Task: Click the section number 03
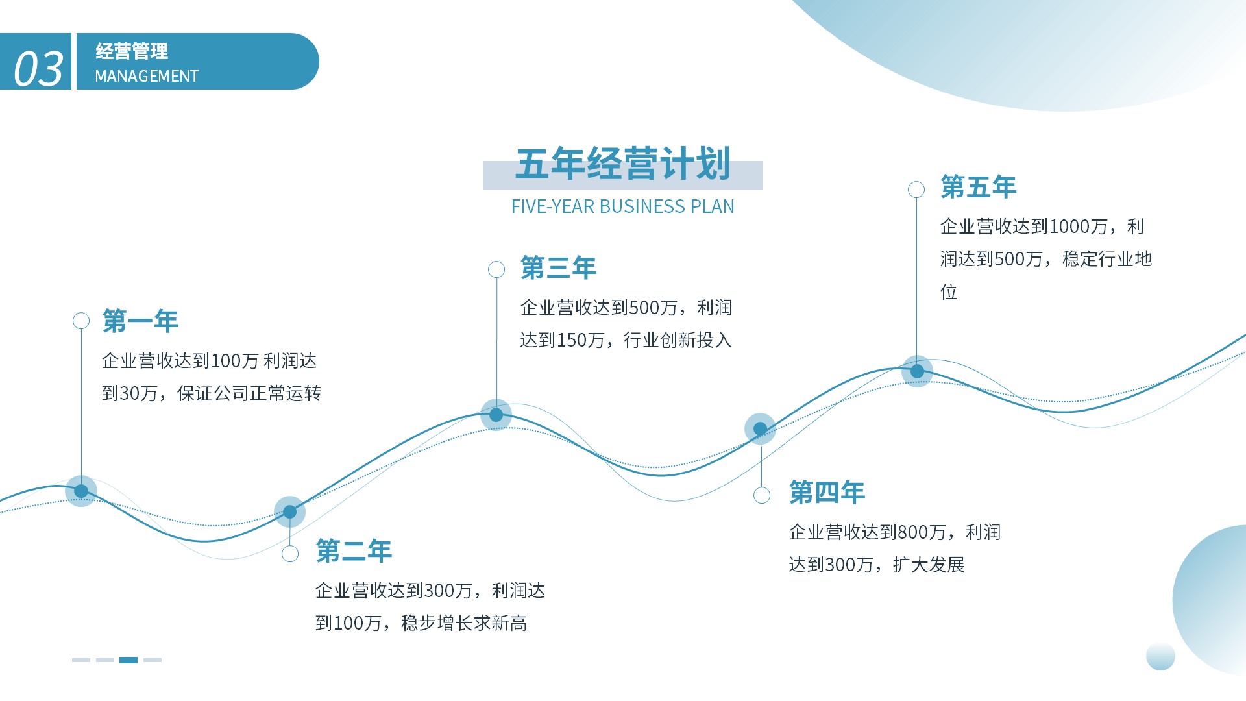coord(38,69)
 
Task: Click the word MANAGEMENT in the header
coord(147,77)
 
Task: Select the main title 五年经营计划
coord(623,164)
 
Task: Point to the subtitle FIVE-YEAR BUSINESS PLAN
coord(623,206)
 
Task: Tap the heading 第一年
coord(140,321)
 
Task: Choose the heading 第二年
coord(354,551)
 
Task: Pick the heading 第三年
coord(558,268)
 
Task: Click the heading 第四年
coord(827,493)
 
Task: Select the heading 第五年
coord(978,187)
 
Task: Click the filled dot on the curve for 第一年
coord(81,491)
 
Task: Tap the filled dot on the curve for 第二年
coord(290,512)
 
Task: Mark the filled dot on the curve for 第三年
coord(496,415)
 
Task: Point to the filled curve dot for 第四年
coord(760,429)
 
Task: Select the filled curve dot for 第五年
coord(917,371)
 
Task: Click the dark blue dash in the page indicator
coord(128,660)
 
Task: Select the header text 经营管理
coord(132,51)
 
